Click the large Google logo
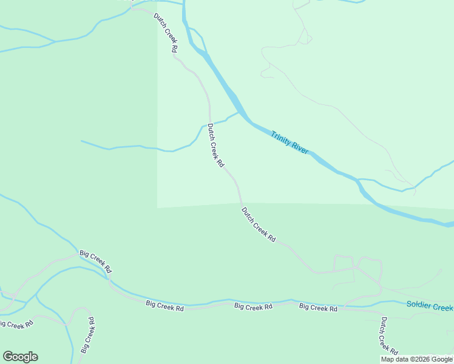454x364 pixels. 20,357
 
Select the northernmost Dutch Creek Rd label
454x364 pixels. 166,32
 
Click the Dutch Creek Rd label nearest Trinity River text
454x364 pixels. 215,146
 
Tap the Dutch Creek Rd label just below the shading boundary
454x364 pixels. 259,225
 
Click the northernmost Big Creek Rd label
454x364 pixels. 96,261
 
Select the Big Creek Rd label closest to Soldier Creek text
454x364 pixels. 318,308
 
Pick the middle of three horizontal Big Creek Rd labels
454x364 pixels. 253,307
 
